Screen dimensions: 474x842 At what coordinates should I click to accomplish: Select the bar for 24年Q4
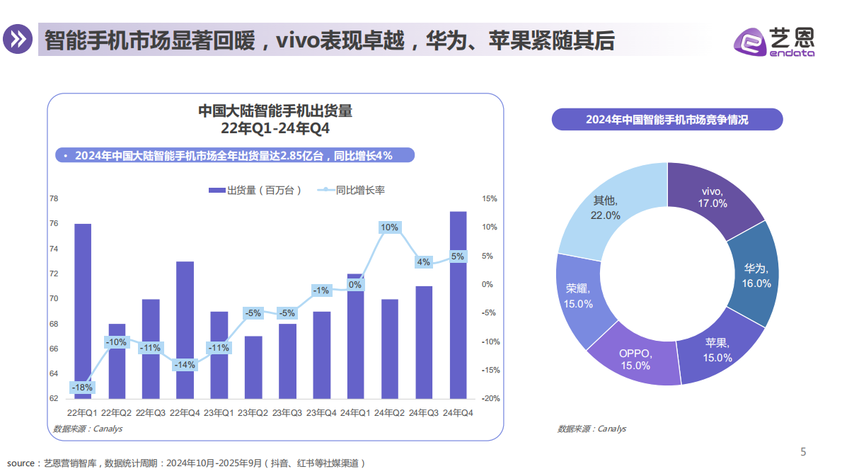click(x=459, y=305)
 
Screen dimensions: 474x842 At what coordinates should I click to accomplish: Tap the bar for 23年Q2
click(x=253, y=367)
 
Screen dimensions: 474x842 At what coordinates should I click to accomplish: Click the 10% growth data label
click(x=389, y=227)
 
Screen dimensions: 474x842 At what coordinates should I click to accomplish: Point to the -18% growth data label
click(x=81, y=388)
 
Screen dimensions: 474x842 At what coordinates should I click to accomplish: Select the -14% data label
click(x=185, y=365)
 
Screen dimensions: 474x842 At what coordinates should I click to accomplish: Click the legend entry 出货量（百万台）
click(x=255, y=190)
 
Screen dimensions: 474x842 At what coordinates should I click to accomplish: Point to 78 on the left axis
click(x=54, y=199)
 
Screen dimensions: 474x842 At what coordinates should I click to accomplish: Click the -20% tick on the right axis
click(x=490, y=398)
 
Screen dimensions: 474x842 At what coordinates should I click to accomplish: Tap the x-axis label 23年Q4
click(x=322, y=412)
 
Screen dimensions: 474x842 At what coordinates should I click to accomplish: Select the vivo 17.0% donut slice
click(x=711, y=198)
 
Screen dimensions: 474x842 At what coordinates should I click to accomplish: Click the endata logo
click(x=774, y=42)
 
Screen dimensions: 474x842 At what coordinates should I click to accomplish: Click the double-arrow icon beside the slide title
click(x=19, y=40)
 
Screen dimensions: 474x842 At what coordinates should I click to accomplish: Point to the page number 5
click(x=802, y=452)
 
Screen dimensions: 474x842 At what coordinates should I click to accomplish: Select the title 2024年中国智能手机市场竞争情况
click(x=667, y=120)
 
